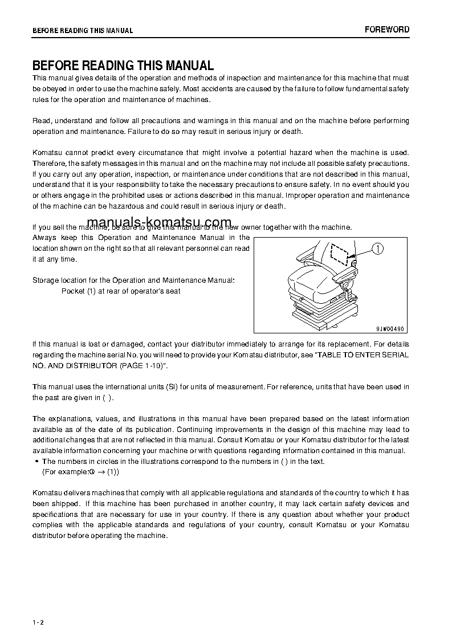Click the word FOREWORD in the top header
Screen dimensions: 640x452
[387, 30]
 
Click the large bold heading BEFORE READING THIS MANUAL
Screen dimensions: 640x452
[123, 66]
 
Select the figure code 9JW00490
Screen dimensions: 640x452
[389, 329]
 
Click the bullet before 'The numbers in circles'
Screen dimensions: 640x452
[36, 462]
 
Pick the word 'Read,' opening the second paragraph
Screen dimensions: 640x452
[42, 121]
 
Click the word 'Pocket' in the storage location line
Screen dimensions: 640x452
[73, 291]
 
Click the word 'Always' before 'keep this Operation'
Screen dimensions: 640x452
[44, 238]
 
